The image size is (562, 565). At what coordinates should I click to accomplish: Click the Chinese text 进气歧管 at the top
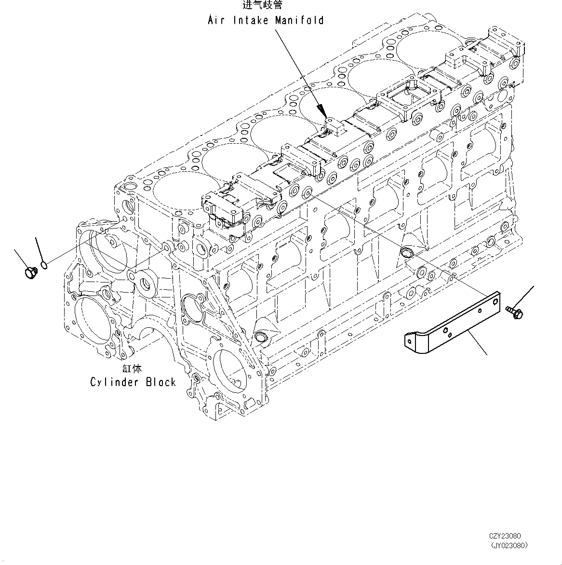pos(262,5)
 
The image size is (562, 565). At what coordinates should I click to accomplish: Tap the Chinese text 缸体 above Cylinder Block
pos(132,369)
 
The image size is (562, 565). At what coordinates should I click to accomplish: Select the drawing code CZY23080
pos(504,536)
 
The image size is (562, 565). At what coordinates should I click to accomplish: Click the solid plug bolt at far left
pos(29,272)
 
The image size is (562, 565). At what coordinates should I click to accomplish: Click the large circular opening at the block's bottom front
pos(232,369)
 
